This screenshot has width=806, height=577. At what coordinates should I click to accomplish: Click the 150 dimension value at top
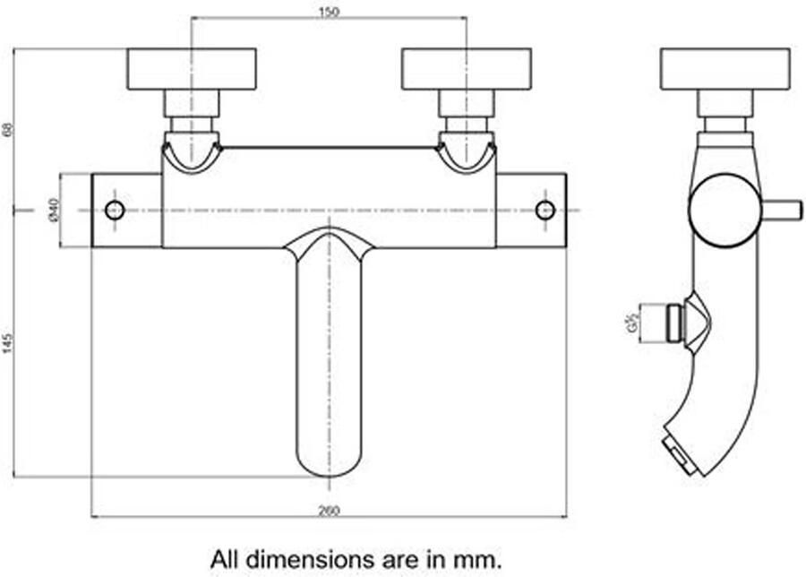coord(329,11)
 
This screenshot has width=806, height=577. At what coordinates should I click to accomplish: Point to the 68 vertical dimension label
coord(8,128)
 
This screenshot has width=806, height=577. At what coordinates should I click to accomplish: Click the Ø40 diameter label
coord(53,211)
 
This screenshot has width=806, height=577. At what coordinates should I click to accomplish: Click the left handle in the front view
coord(192,69)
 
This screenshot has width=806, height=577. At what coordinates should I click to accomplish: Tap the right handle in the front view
coord(467,69)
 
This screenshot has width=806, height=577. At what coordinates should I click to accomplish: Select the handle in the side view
coord(725,69)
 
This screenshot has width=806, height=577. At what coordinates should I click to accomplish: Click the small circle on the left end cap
coord(115,211)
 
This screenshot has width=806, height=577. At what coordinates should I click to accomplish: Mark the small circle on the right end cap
coord(544,211)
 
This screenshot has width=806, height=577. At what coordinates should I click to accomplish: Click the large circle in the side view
coord(725,211)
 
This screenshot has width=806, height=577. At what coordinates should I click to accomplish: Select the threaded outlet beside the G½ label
coord(673,323)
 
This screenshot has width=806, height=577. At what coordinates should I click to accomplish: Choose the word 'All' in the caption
coord(225,560)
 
